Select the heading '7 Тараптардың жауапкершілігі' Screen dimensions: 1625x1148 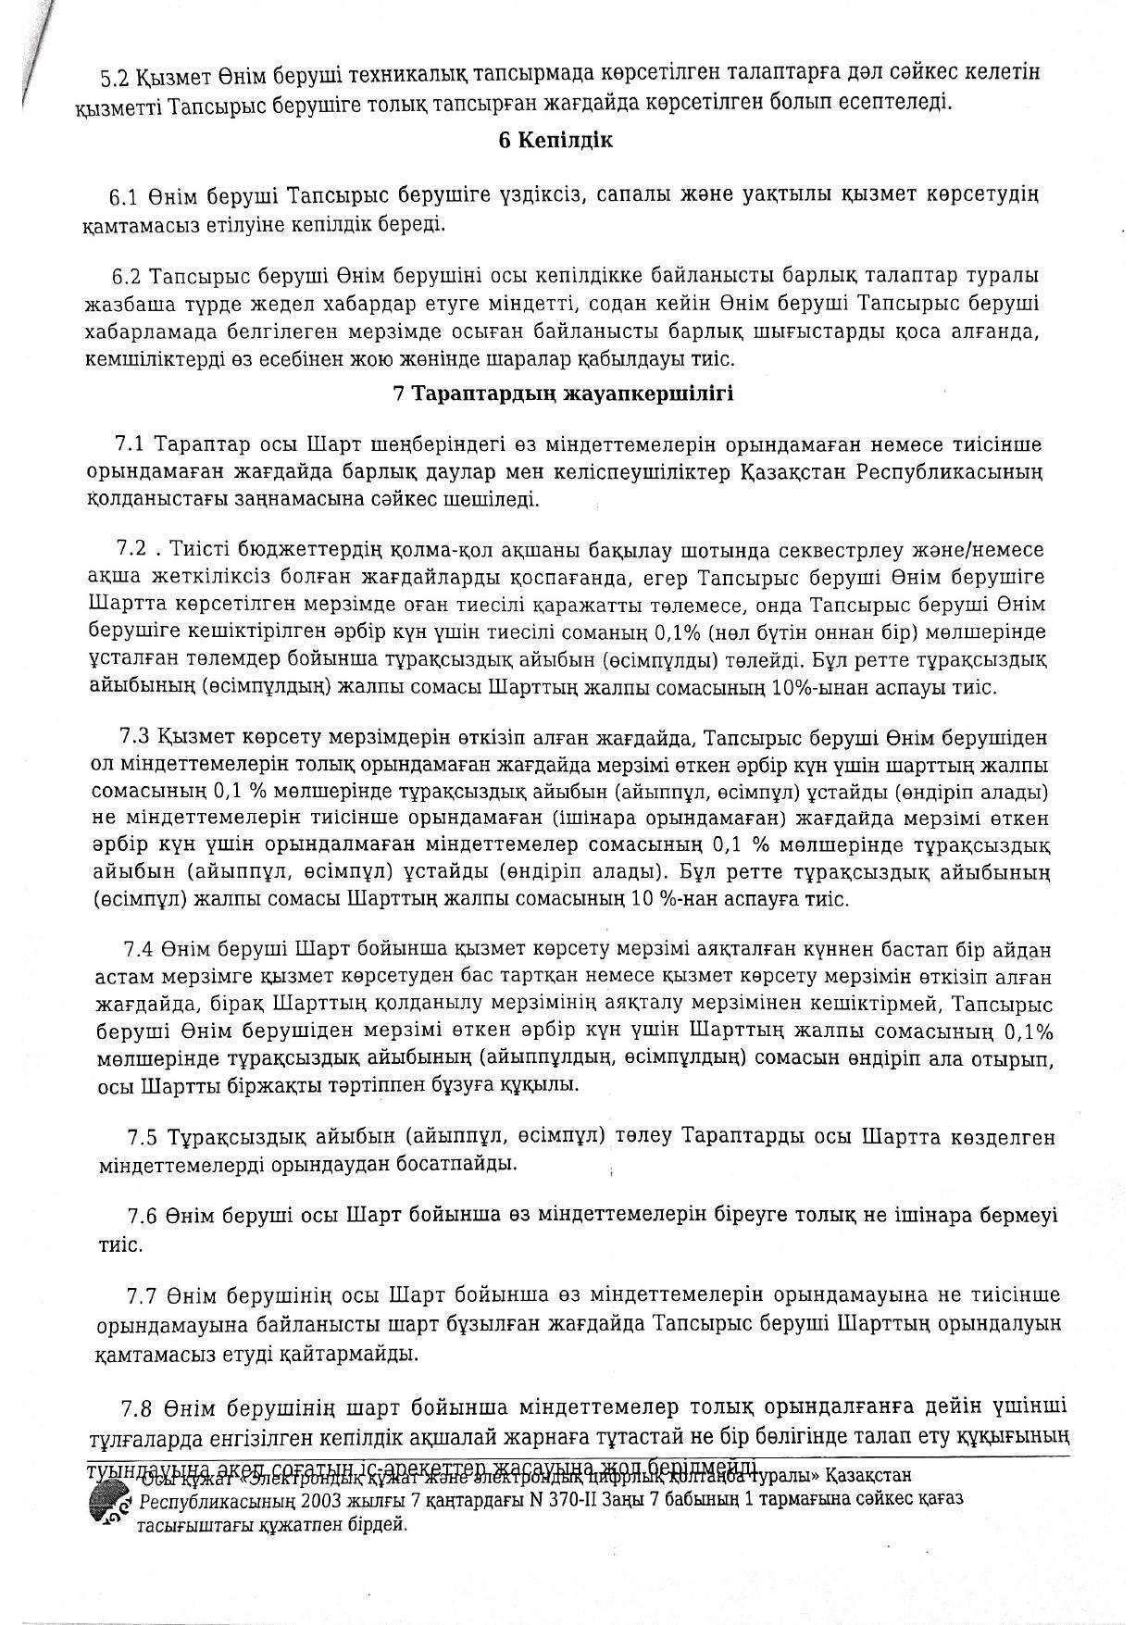[563, 394]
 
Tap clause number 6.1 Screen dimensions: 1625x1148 [124, 196]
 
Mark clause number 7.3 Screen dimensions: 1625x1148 [134, 737]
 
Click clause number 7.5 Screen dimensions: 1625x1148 [142, 1136]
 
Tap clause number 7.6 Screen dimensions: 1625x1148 [143, 1215]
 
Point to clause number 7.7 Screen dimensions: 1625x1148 [143, 1294]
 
